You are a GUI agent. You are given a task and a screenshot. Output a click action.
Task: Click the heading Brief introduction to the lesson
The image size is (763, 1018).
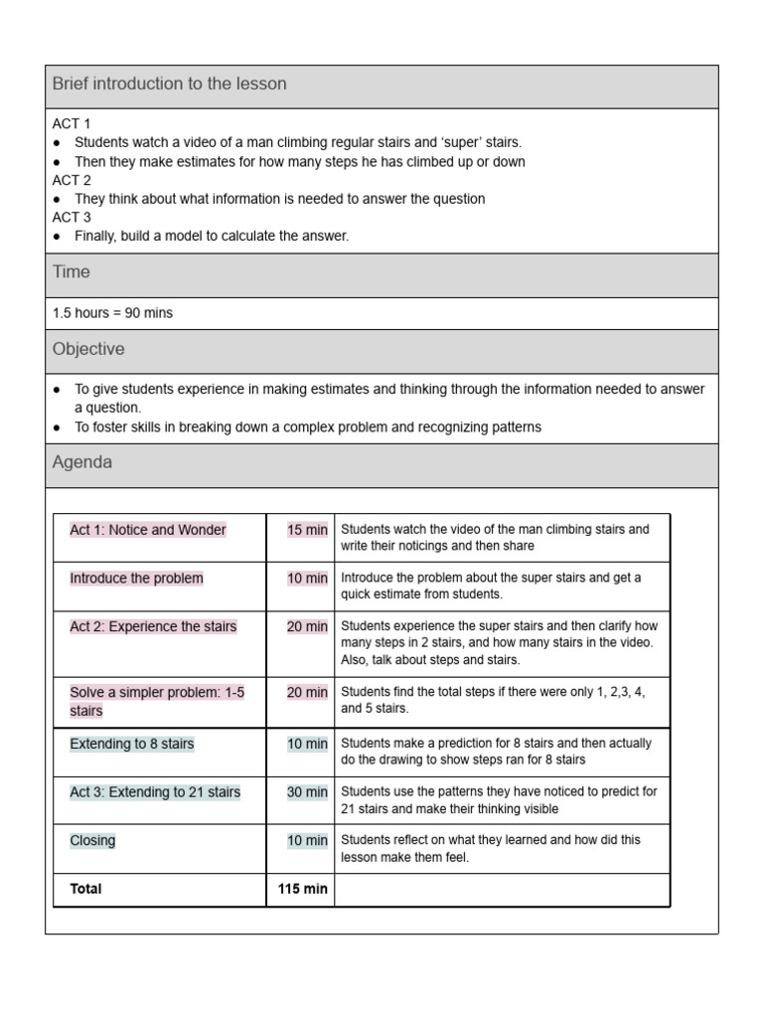(169, 85)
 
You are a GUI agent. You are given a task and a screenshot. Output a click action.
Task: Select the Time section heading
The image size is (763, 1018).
(72, 272)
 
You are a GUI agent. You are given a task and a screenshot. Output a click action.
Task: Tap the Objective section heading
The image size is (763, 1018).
(88, 350)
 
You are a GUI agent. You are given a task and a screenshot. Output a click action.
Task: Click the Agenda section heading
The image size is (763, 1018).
(82, 462)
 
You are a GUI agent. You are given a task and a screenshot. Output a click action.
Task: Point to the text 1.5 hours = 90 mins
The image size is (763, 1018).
(112, 313)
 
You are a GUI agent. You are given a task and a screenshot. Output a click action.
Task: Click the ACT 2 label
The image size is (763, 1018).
(72, 180)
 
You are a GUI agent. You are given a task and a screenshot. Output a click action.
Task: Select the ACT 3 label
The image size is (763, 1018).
(72, 217)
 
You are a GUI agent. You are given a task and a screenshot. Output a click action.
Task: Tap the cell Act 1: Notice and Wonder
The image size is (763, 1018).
(148, 530)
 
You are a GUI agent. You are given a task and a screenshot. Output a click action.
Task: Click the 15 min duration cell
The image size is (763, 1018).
(307, 530)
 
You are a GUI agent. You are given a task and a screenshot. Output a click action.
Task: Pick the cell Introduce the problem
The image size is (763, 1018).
(136, 579)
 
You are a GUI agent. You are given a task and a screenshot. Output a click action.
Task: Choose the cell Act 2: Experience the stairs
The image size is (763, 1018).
(153, 626)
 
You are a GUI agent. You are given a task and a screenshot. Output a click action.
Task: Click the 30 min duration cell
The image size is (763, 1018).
(307, 792)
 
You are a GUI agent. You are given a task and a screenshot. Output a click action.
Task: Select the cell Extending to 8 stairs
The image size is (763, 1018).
(132, 744)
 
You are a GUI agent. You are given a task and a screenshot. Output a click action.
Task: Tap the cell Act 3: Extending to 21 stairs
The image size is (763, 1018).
(155, 792)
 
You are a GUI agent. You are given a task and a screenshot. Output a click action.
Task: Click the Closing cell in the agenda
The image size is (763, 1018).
(92, 840)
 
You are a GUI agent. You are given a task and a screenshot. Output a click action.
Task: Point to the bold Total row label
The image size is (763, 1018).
(85, 889)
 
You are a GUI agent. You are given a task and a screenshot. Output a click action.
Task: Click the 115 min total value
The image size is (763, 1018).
(302, 889)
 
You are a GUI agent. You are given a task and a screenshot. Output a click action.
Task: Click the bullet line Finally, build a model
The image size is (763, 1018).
(212, 236)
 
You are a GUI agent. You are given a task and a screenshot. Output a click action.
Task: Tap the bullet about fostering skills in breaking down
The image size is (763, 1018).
(308, 426)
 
